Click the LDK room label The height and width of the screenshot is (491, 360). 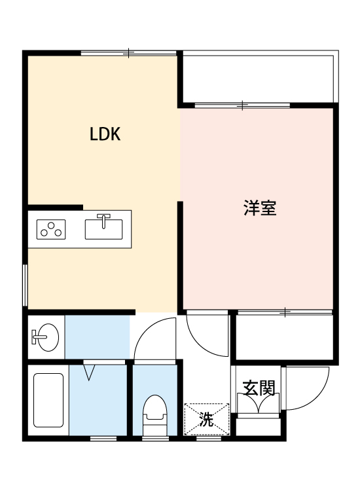[105, 135]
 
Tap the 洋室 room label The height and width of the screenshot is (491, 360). [259, 209]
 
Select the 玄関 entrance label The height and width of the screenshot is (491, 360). [258, 388]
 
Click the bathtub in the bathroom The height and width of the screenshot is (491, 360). [47, 403]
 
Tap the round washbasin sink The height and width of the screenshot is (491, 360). [45, 338]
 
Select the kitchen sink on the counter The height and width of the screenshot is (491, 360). [104, 229]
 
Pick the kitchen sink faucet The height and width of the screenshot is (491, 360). [104, 217]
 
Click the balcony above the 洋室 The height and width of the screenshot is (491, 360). [258, 77]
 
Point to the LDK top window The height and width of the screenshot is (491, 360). [129, 52]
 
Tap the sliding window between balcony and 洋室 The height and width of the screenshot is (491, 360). [243, 105]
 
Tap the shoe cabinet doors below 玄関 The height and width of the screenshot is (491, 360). [259, 405]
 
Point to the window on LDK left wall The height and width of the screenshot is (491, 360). [25, 284]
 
